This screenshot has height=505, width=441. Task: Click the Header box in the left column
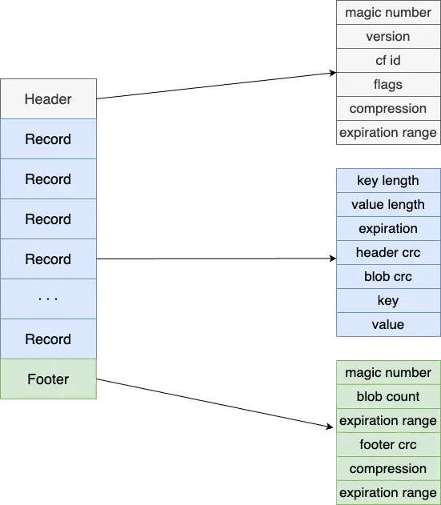coord(48,99)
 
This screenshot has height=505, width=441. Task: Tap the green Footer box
coord(48,379)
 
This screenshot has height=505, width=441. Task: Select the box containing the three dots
coord(48,299)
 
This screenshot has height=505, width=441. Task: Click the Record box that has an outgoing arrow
coord(48,259)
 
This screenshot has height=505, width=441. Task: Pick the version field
coord(388,36)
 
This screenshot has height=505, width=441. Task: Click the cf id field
coord(388,61)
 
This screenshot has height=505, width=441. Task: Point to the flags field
coord(388,84)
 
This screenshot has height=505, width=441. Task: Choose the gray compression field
coord(388,109)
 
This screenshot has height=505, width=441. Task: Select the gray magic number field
coord(388,13)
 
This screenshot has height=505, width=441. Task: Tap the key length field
coord(388,180)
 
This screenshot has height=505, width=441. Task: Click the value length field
coord(388,205)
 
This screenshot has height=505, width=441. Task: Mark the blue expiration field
coord(388,228)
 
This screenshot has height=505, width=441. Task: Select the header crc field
coord(388,253)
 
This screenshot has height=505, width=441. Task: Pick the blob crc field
coord(388,276)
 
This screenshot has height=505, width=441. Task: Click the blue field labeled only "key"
coord(388,300)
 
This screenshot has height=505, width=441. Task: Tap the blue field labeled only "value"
coord(388,325)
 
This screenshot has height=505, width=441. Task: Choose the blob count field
coord(388,396)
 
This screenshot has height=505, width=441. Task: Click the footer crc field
coord(388,445)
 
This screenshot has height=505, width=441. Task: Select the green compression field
coord(388,469)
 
